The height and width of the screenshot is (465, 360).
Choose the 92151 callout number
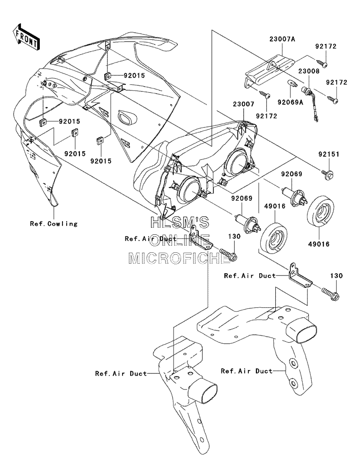pos(329,154)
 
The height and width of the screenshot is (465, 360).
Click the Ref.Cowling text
pos(53,224)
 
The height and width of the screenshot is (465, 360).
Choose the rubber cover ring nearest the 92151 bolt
pos(321,212)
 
